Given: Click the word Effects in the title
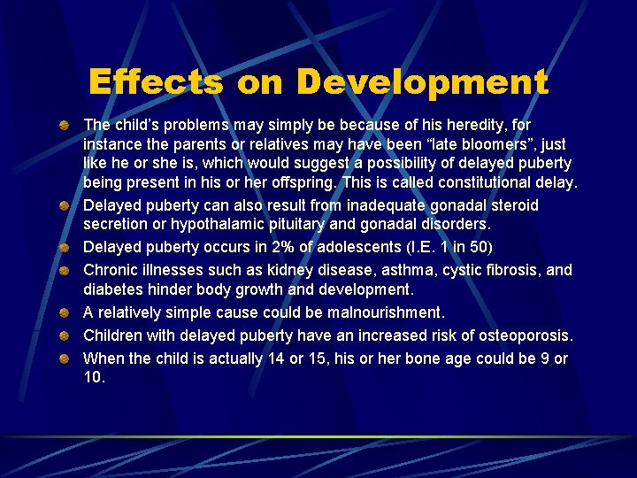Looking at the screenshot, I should click(x=156, y=82).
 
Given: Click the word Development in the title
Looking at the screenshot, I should click(x=422, y=82).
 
